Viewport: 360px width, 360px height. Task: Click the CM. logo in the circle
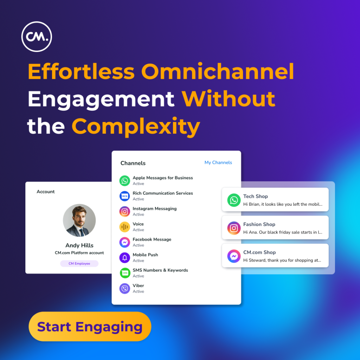coord(37,37)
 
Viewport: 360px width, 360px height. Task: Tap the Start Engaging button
coord(90,326)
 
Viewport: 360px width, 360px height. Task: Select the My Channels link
coord(218,162)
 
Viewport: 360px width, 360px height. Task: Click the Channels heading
coord(133,163)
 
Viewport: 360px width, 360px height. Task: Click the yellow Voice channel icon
coord(125,227)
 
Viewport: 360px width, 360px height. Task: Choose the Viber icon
coord(125,288)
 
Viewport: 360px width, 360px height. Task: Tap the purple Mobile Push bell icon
coord(125,258)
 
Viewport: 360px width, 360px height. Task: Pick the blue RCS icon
coord(125,196)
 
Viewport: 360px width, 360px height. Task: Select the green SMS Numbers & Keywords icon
coord(125,273)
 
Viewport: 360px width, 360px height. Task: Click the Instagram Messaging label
coord(155,208)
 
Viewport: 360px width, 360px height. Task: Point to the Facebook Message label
coord(152,239)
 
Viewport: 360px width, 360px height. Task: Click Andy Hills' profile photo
coord(79,220)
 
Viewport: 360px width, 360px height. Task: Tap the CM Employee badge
coord(79,263)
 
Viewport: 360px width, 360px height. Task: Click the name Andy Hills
coord(79,245)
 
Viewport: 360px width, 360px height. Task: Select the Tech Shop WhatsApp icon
coord(234,200)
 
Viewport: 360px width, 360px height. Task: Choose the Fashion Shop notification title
coord(259,224)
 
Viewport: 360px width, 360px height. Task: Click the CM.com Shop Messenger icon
coord(234,256)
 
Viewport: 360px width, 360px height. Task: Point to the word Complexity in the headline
coord(136,127)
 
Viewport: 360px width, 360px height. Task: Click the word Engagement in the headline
coord(101,99)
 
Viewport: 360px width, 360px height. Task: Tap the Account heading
coord(46,192)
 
